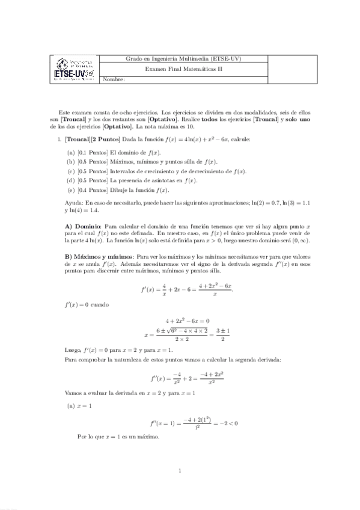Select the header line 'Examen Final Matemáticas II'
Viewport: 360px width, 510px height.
(184, 69)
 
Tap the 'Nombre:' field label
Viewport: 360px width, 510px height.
(114, 79)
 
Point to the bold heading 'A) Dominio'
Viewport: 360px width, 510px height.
(85, 225)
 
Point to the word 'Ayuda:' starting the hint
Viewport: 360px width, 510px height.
(74, 203)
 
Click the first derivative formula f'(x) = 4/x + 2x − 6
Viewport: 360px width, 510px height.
(186, 290)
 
